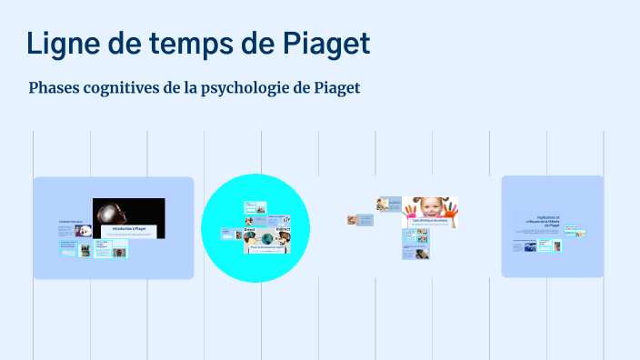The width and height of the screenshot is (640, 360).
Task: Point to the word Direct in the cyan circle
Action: pos(250,230)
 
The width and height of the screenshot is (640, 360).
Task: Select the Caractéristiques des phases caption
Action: pos(429,222)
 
